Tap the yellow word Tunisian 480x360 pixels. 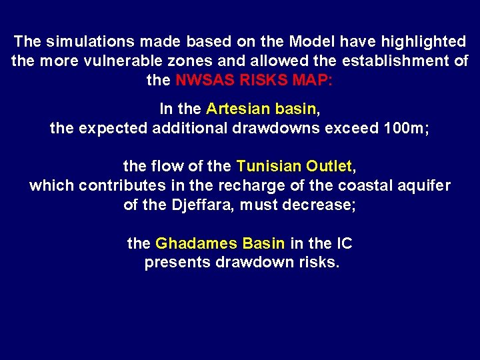(x=269, y=165)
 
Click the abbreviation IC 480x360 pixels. (x=343, y=243)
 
